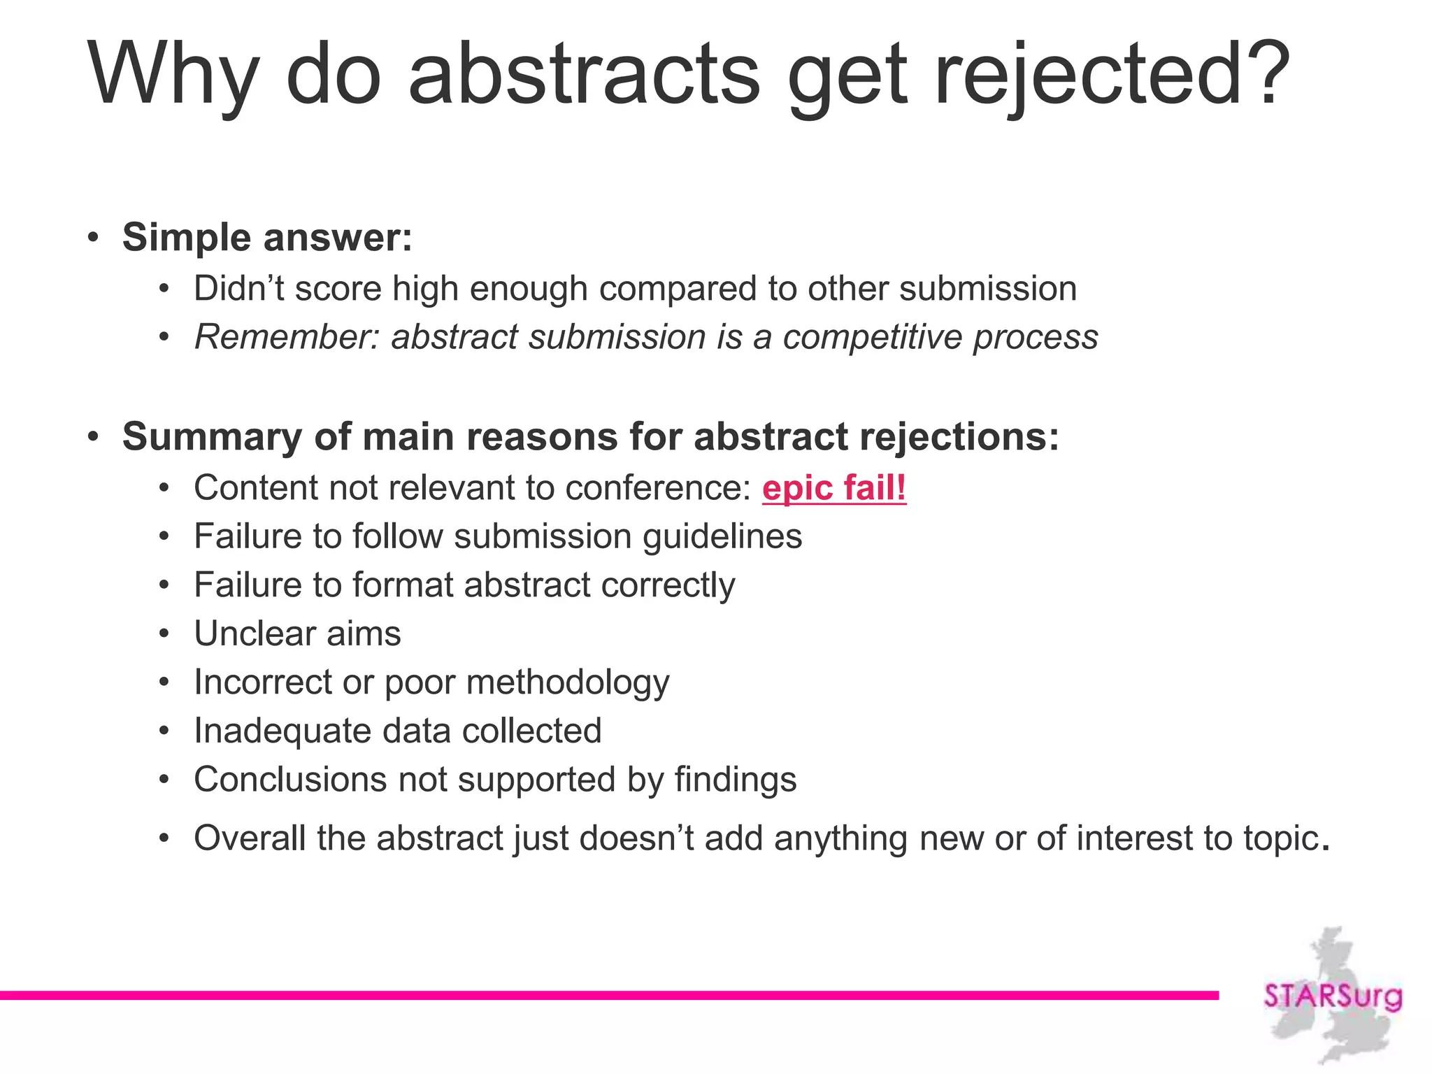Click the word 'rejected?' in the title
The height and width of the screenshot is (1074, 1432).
click(x=1112, y=73)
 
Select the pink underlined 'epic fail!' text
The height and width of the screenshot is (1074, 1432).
click(x=833, y=487)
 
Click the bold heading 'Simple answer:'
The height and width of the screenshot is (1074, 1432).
click(x=267, y=237)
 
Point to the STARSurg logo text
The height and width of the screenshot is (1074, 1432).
click(x=1332, y=996)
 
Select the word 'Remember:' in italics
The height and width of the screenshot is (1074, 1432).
click(x=287, y=337)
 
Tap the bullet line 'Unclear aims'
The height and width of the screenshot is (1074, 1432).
click(x=297, y=633)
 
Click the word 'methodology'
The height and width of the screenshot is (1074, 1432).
click(x=568, y=682)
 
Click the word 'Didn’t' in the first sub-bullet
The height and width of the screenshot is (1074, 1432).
click(x=238, y=289)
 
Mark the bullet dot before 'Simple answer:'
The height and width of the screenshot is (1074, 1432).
click(x=94, y=237)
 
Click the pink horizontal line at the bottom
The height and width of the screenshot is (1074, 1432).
click(x=608, y=995)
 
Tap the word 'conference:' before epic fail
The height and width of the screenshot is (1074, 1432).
click(x=658, y=487)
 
